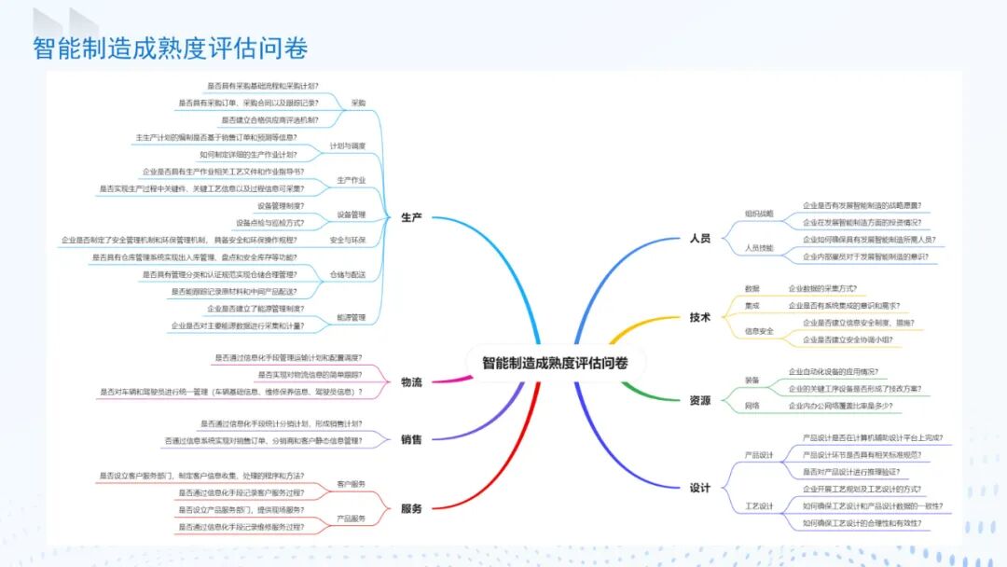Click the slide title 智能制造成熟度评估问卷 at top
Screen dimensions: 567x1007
click(x=171, y=48)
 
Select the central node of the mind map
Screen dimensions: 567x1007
click(x=555, y=363)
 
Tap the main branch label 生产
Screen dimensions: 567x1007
click(x=411, y=217)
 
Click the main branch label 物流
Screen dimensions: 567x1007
click(x=411, y=382)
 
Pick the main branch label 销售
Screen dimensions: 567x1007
click(x=411, y=439)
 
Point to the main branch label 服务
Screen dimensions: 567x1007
click(x=411, y=508)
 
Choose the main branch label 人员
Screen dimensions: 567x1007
click(x=699, y=239)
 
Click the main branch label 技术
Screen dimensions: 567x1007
click(x=699, y=317)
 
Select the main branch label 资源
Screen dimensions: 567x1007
click(x=699, y=400)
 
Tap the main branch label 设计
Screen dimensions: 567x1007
click(x=699, y=488)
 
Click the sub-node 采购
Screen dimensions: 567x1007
click(x=358, y=103)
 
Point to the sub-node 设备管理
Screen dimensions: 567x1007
click(x=351, y=214)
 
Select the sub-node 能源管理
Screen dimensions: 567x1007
click(x=351, y=317)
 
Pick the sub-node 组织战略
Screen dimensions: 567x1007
click(x=759, y=214)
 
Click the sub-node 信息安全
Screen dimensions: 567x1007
click(x=759, y=331)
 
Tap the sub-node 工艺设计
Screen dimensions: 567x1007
click(x=759, y=505)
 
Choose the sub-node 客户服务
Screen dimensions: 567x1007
click(x=351, y=484)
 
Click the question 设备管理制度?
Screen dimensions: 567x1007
click(x=281, y=205)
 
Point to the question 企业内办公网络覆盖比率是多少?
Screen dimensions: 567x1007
click(x=847, y=406)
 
